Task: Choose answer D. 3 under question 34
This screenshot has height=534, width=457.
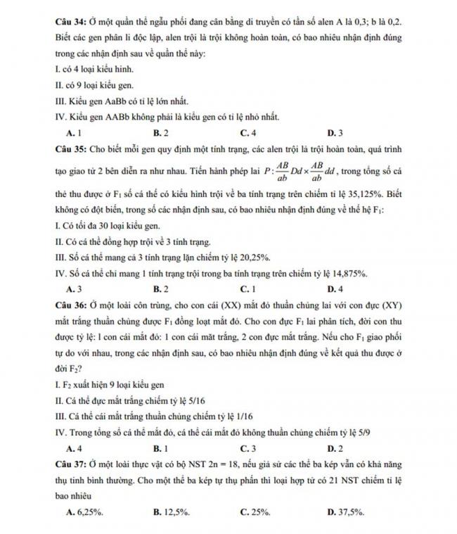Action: [335, 132]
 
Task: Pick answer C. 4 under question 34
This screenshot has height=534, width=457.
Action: [247, 132]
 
